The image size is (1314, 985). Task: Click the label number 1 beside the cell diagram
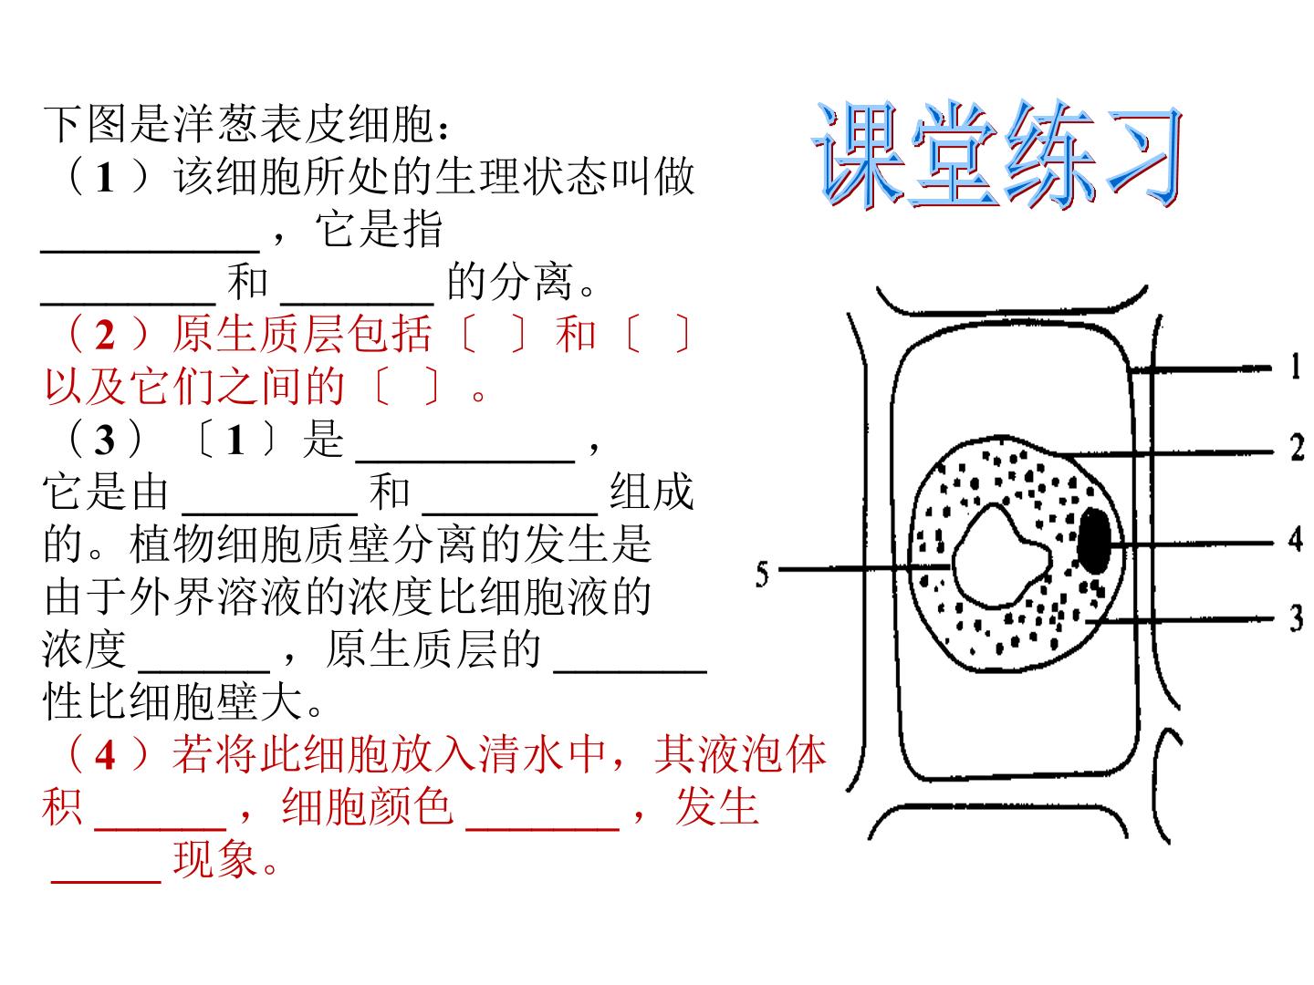(x=1296, y=366)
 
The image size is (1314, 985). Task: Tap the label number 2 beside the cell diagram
(x=1297, y=447)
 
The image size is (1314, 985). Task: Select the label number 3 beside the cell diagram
(x=1297, y=618)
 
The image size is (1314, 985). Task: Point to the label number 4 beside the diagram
(x=1296, y=539)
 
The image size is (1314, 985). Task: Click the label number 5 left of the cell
(x=761, y=575)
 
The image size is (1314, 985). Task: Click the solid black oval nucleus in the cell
(x=1094, y=541)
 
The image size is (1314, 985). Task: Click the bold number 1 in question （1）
(x=105, y=178)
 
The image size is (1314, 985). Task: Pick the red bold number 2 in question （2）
(x=105, y=336)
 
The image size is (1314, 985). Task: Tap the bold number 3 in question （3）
(x=104, y=441)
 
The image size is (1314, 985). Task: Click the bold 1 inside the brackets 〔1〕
(x=235, y=441)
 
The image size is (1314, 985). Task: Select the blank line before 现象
(x=106, y=881)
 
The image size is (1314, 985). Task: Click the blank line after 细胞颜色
(x=542, y=828)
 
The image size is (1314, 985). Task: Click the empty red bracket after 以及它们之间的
(x=406, y=387)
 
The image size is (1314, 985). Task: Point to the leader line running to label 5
(x=864, y=567)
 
